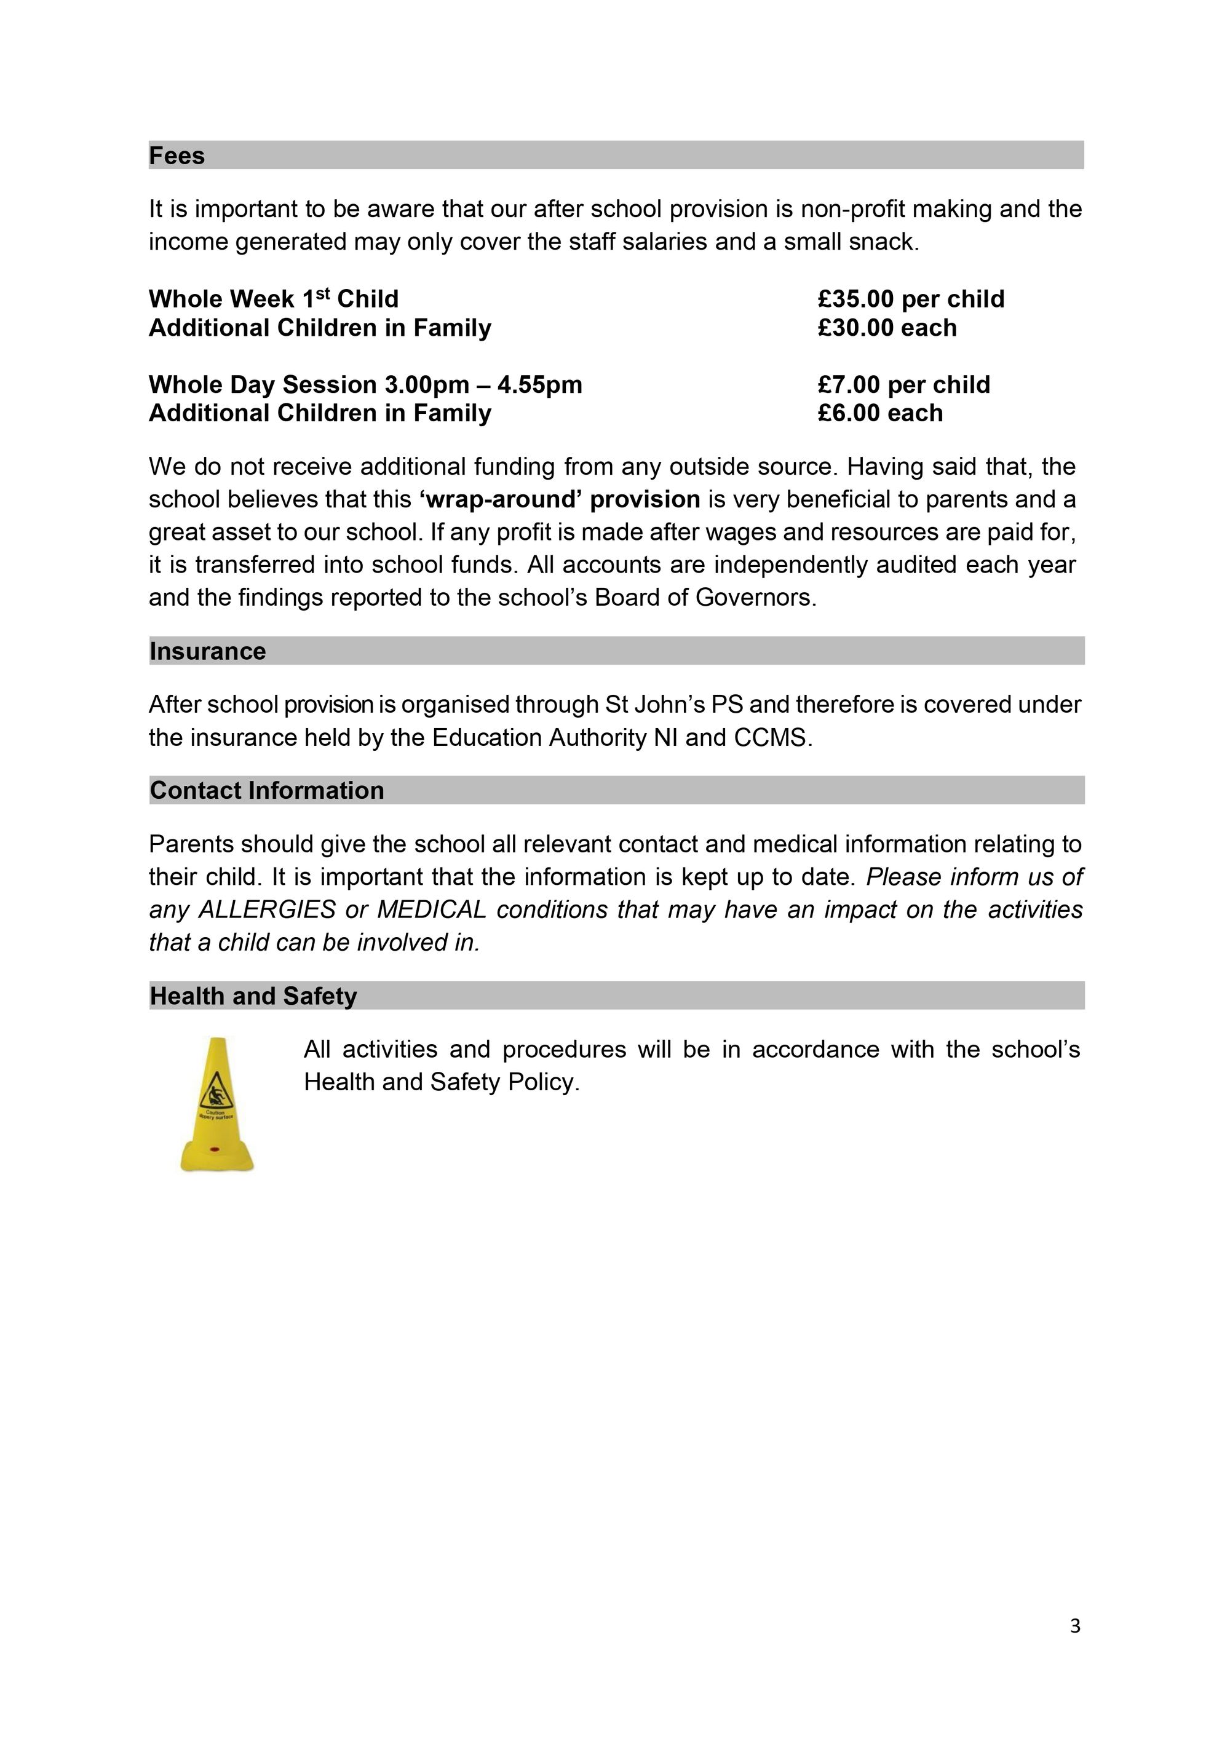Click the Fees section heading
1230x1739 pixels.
[x=177, y=156]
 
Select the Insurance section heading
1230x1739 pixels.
[x=207, y=651]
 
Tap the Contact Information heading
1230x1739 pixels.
[x=266, y=791]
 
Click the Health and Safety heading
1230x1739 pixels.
[x=253, y=996]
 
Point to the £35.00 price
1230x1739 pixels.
[x=856, y=299]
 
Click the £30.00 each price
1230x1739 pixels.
[x=887, y=328]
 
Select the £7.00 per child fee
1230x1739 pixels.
[x=903, y=385]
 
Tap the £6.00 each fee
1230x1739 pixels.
[x=880, y=414]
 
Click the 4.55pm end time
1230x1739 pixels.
[x=539, y=385]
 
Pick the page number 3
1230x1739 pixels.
[x=1075, y=1626]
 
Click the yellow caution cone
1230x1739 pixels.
[x=216, y=1105]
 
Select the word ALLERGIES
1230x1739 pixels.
[x=266, y=909]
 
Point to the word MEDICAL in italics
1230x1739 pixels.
[x=431, y=909]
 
